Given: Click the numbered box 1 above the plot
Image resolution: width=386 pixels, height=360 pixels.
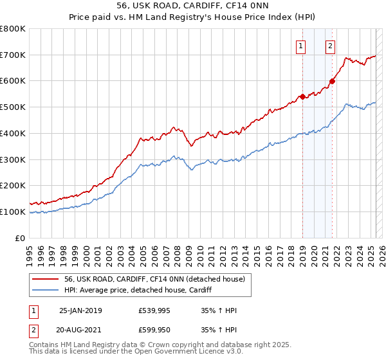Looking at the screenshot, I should pyautogui.click(x=301, y=45).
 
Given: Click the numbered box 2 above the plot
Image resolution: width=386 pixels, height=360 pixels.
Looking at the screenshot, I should pyautogui.click(x=330, y=45).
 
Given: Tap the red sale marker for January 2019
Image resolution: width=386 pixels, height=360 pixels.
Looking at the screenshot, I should pyautogui.click(x=302, y=97).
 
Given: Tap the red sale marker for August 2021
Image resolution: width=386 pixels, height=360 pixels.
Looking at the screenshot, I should pyautogui.click(x=333, y=81).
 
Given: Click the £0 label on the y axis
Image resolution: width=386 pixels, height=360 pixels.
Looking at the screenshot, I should pyautogui.click(x=21, y=238).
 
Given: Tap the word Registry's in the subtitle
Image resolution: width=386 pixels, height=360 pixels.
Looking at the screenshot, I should pyautogui.click(x=217, y=18).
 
